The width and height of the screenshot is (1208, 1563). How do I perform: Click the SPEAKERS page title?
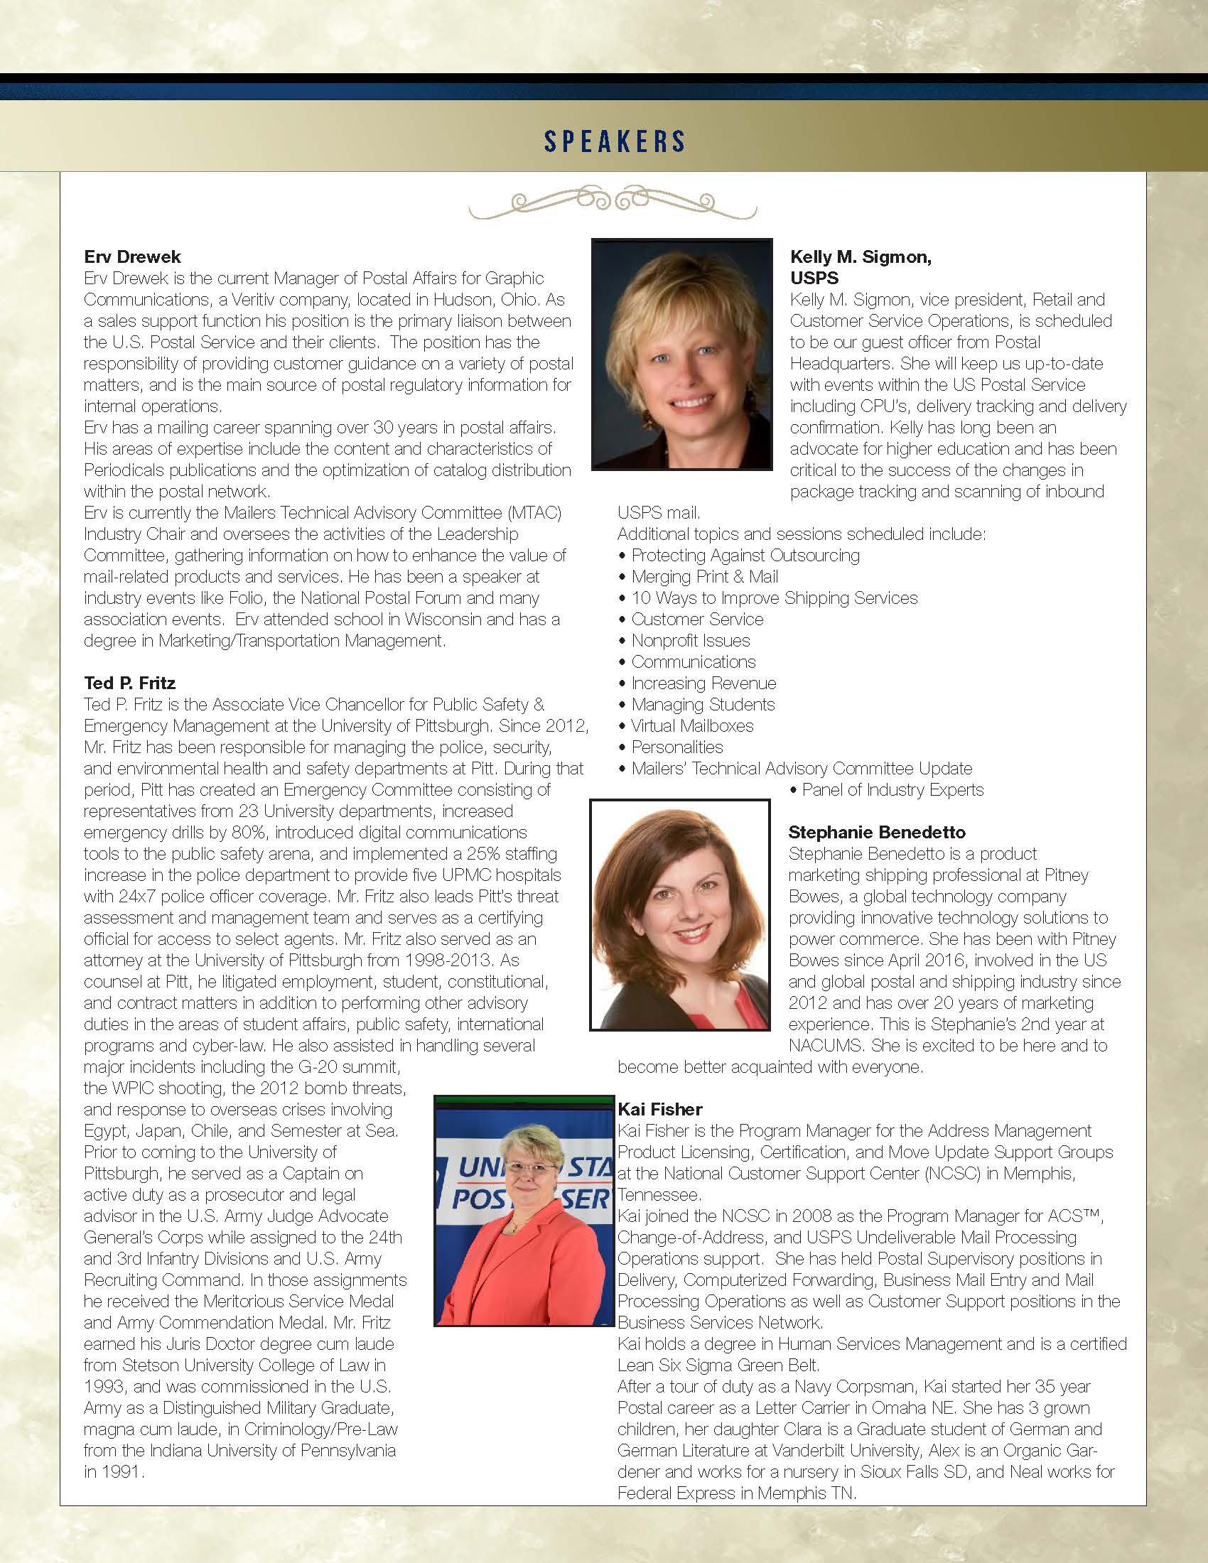pyautogui.click(x=614, y=141)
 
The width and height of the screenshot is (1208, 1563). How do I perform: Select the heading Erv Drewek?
pyautogui.click(x=132, y=257)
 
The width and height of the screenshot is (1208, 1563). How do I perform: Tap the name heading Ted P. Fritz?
pyautogui.click(x=129, y=683)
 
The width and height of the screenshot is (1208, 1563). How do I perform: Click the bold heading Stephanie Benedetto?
pyautogui.click(x=877, y=833)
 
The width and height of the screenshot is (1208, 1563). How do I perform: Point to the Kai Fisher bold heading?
pyautogui.click(x=660, y=1109)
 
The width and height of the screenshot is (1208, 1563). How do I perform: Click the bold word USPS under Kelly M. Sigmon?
pyautogui.click(x=814, y=278)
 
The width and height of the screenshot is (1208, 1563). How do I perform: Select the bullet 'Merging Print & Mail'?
pyautogui.click(x=704, y=577)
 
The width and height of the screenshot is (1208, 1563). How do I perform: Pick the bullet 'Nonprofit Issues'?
pyautogui.click(x=691, y=641)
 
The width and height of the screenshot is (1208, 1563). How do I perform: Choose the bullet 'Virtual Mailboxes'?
pyautogui.click(x=692, y=725)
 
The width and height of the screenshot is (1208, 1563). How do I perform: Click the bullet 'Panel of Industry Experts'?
pyautogui.click(x=892, y=790)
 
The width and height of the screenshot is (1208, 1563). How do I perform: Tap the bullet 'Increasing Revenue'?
pyautogui.click(x=703, y=683)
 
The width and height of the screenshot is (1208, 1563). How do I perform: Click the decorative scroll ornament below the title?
pyautogui.click(x=613, y=202)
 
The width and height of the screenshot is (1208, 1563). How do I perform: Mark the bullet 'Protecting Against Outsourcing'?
pyautogui.click(x=745, y=556)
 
